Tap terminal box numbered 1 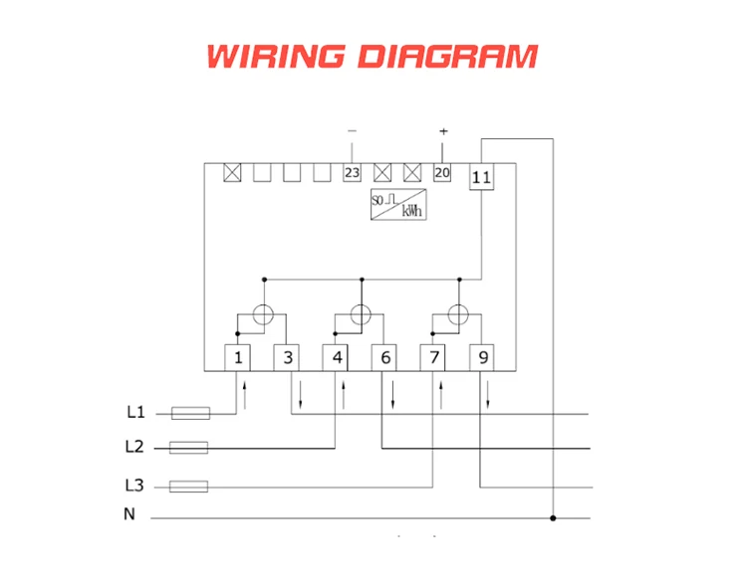point(238,357)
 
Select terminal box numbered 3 point(288,357)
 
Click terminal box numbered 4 point(338,357)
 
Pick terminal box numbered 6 point(384,357)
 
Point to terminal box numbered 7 point(433,357)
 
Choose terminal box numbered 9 point(482,357)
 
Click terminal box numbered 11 point(481,177)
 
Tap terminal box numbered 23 point(352,173)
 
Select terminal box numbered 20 point(442,173)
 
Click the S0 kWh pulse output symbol point(397,204)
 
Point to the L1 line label point(135,412)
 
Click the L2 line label point(135,447)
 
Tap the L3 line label point(135,486)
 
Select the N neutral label point(129,514)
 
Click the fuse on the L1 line point(190,412)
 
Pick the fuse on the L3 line point(189,487)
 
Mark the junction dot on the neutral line point(554,518)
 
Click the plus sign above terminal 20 point(443,131)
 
